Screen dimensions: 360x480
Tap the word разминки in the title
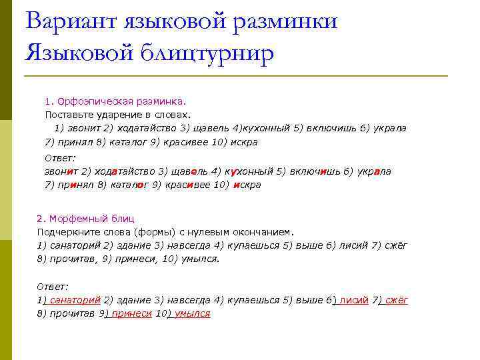click(283, 21)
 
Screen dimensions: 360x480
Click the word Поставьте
click(67, 114)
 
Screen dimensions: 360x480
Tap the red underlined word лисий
click(353, 300)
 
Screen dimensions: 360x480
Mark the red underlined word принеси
click(131, 313)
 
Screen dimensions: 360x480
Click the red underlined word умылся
click(192, 313)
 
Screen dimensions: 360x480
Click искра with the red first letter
click(246, 185)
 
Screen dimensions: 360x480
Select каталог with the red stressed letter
click(126, 185)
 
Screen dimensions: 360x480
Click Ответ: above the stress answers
click(60, 158)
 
